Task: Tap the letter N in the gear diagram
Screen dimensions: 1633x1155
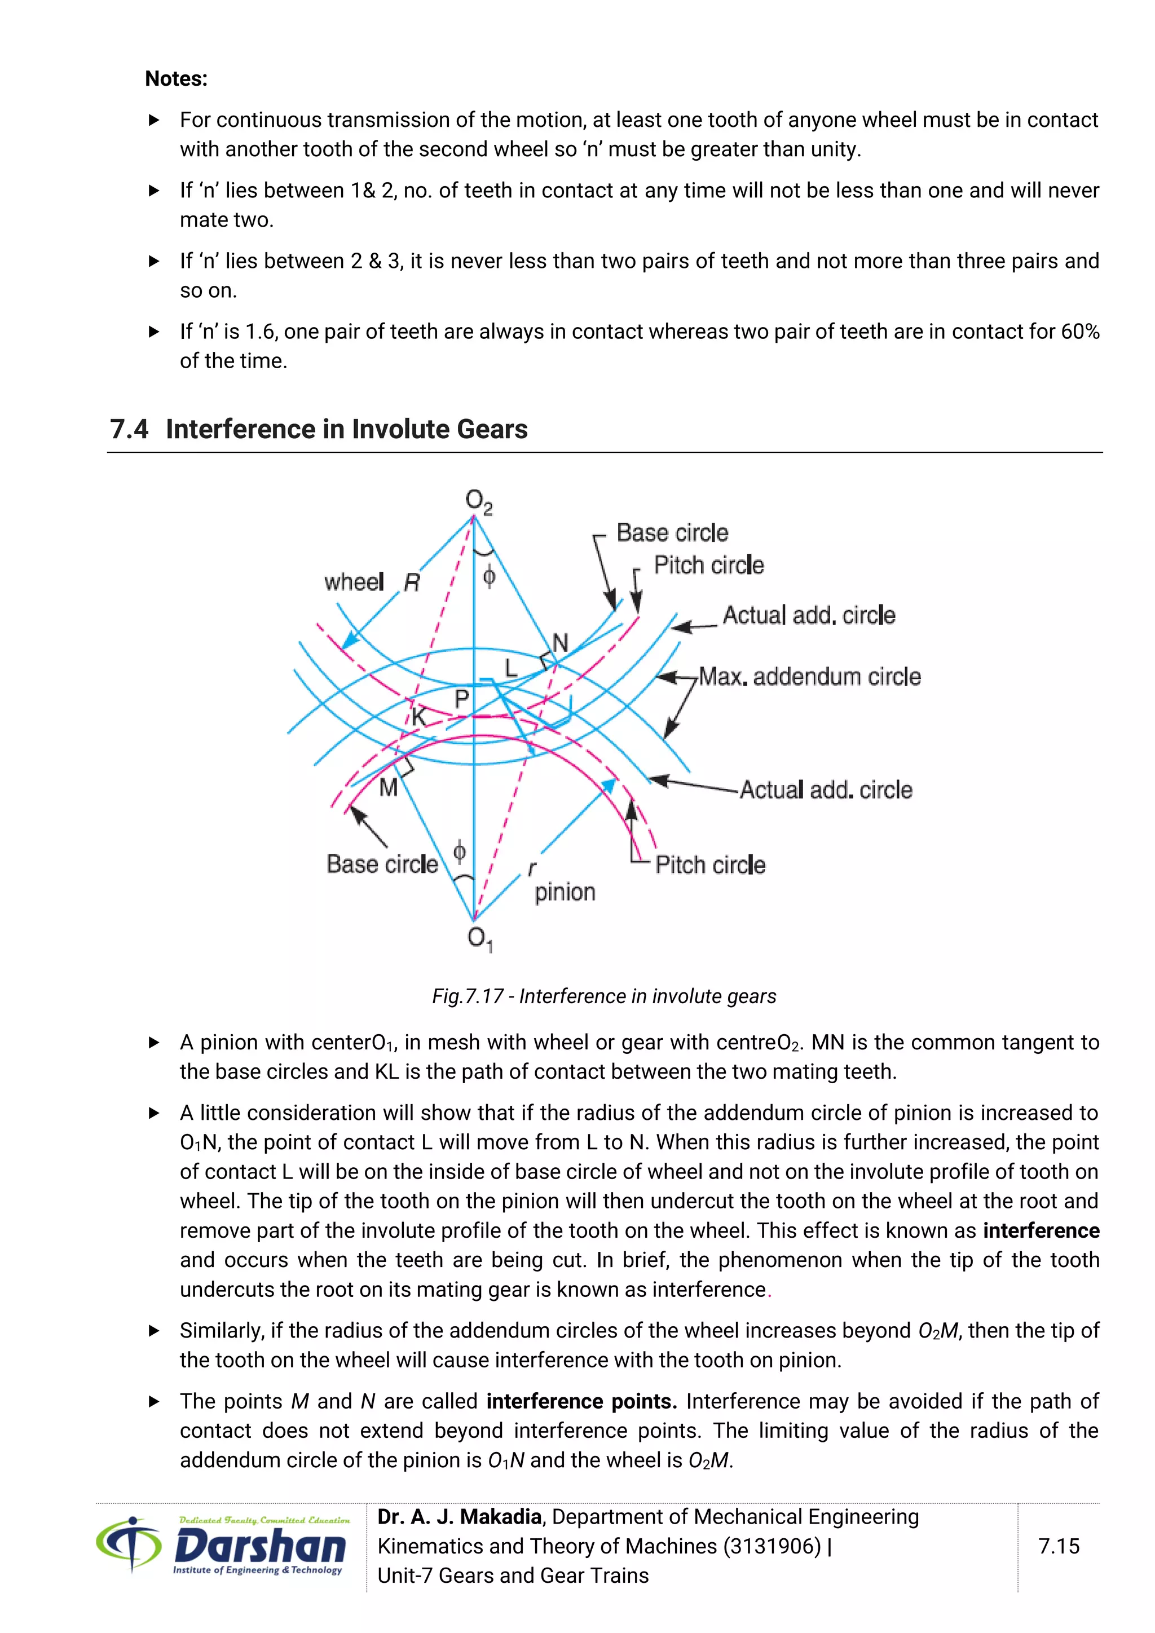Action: (x=561, y=643)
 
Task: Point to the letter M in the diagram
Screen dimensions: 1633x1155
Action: (x=389, y=787)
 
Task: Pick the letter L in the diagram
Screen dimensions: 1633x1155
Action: (x=510, y=668)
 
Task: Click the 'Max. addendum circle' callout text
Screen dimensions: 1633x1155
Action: (x=809, y=677)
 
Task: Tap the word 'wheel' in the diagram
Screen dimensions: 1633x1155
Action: (x=354, y=582)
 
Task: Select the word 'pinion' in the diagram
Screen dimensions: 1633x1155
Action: (x=565, y=892)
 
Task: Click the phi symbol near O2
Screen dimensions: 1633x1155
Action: (x=488, y=576)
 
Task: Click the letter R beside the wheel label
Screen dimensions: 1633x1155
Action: (x=412, y=583)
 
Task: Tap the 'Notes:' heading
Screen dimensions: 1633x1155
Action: (x=175, y=78)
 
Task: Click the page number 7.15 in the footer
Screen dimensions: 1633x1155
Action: (x=1058, y=1546)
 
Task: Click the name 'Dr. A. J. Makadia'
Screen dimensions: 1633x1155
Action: (x=460, y=1516)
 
